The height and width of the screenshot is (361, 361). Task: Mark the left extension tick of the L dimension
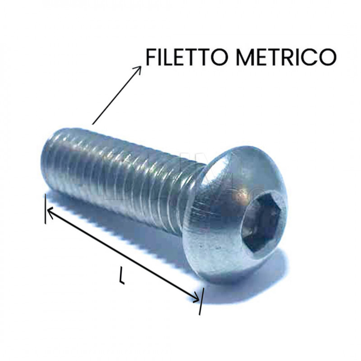[45, 208]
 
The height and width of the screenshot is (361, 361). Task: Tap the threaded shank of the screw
[122, 176]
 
